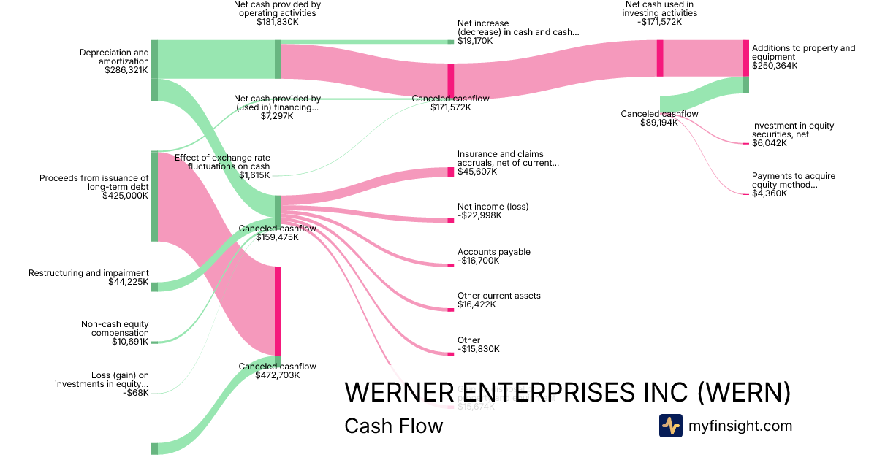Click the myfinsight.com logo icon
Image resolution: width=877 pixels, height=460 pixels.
(671, 426)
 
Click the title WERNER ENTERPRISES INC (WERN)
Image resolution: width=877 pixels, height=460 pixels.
(567, 392)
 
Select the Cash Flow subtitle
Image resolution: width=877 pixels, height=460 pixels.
(393, 426)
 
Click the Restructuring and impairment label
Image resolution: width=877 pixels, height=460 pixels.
(88, 273)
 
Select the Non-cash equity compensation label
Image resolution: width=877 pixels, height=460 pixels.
(115, 328)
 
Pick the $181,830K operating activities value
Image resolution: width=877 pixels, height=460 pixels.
(277, 22)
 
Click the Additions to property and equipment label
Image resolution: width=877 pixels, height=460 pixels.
(802, 53)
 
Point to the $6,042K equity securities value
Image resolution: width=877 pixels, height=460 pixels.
(770, 144)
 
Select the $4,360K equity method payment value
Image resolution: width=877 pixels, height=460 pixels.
(770, 194)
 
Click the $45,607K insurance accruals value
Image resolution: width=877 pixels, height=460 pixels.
(477, 172)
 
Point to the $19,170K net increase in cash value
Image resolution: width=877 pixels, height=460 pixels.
(475, 42)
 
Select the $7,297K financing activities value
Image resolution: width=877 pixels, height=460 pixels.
(277, 116)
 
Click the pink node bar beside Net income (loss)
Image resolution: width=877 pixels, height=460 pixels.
(450, 220)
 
